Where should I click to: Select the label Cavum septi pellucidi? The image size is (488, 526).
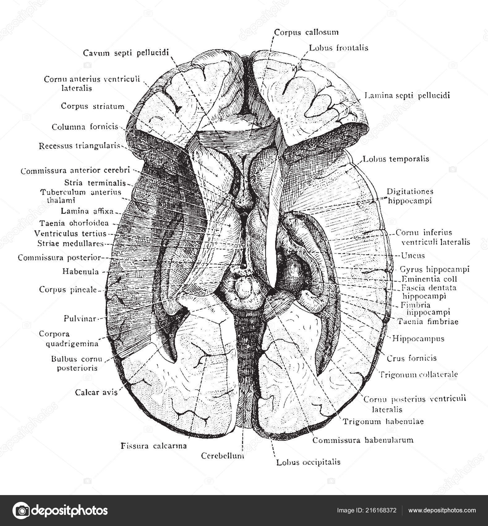point(126,53)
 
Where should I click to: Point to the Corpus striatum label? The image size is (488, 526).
point(92,106)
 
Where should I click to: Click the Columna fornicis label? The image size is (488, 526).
point(85,127)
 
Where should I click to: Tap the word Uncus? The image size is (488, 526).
point(413,256)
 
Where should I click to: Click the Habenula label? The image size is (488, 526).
point(81,272)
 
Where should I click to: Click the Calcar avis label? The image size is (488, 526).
point(96,392)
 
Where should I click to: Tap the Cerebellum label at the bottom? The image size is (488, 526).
point(223,456)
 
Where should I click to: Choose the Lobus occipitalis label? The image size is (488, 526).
point(308,462)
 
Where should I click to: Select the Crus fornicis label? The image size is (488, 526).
point(412,358)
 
